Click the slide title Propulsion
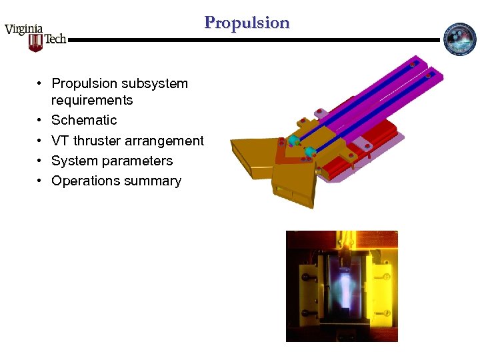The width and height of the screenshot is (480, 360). click(247, 23)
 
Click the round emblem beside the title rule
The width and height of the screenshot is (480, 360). click(460, 39)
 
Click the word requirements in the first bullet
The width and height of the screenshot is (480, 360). click(92, 101)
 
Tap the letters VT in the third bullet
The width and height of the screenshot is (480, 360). click(60, 141)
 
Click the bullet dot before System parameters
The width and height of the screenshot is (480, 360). click(41, 161)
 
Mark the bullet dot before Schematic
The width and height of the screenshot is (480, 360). click(41, 120)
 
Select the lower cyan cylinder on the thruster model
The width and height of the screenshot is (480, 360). click(309, 153)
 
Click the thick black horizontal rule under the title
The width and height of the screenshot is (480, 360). click(253, 40)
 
